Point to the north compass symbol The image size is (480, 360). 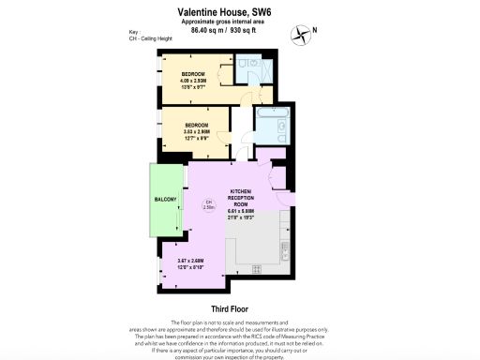pos(303,34)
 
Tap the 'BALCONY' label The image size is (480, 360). pos(165,199)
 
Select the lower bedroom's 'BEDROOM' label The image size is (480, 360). pos(197,126)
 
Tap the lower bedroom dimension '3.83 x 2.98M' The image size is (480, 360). pos(197,133)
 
